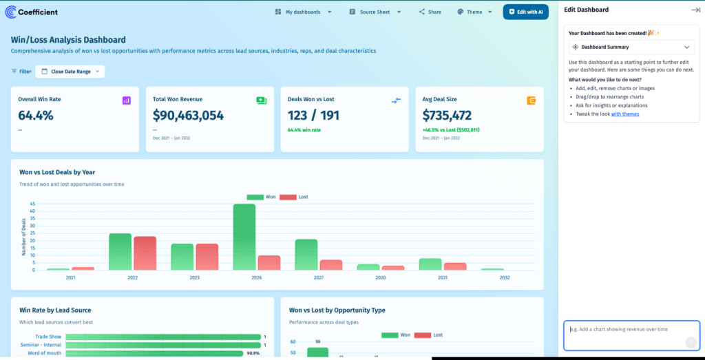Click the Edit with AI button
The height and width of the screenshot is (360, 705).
point(525,12)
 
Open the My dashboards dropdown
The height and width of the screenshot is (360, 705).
point(303,12)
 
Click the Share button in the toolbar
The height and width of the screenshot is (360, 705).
point(430,12)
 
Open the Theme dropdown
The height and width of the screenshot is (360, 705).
point(475,12)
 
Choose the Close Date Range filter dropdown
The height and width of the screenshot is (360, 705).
point(70,71)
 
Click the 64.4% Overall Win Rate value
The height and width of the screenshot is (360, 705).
point(36,115)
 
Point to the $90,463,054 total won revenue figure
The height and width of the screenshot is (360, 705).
point(188,115)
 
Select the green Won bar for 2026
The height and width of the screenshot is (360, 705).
point(244,237)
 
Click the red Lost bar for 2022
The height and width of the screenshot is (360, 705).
point(145,253)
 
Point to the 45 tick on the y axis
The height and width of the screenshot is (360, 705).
point(32,204)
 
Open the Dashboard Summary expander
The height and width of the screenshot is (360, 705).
point(630,47)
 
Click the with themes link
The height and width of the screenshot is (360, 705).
point(625,114)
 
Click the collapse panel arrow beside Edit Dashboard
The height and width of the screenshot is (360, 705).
point(695,10)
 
